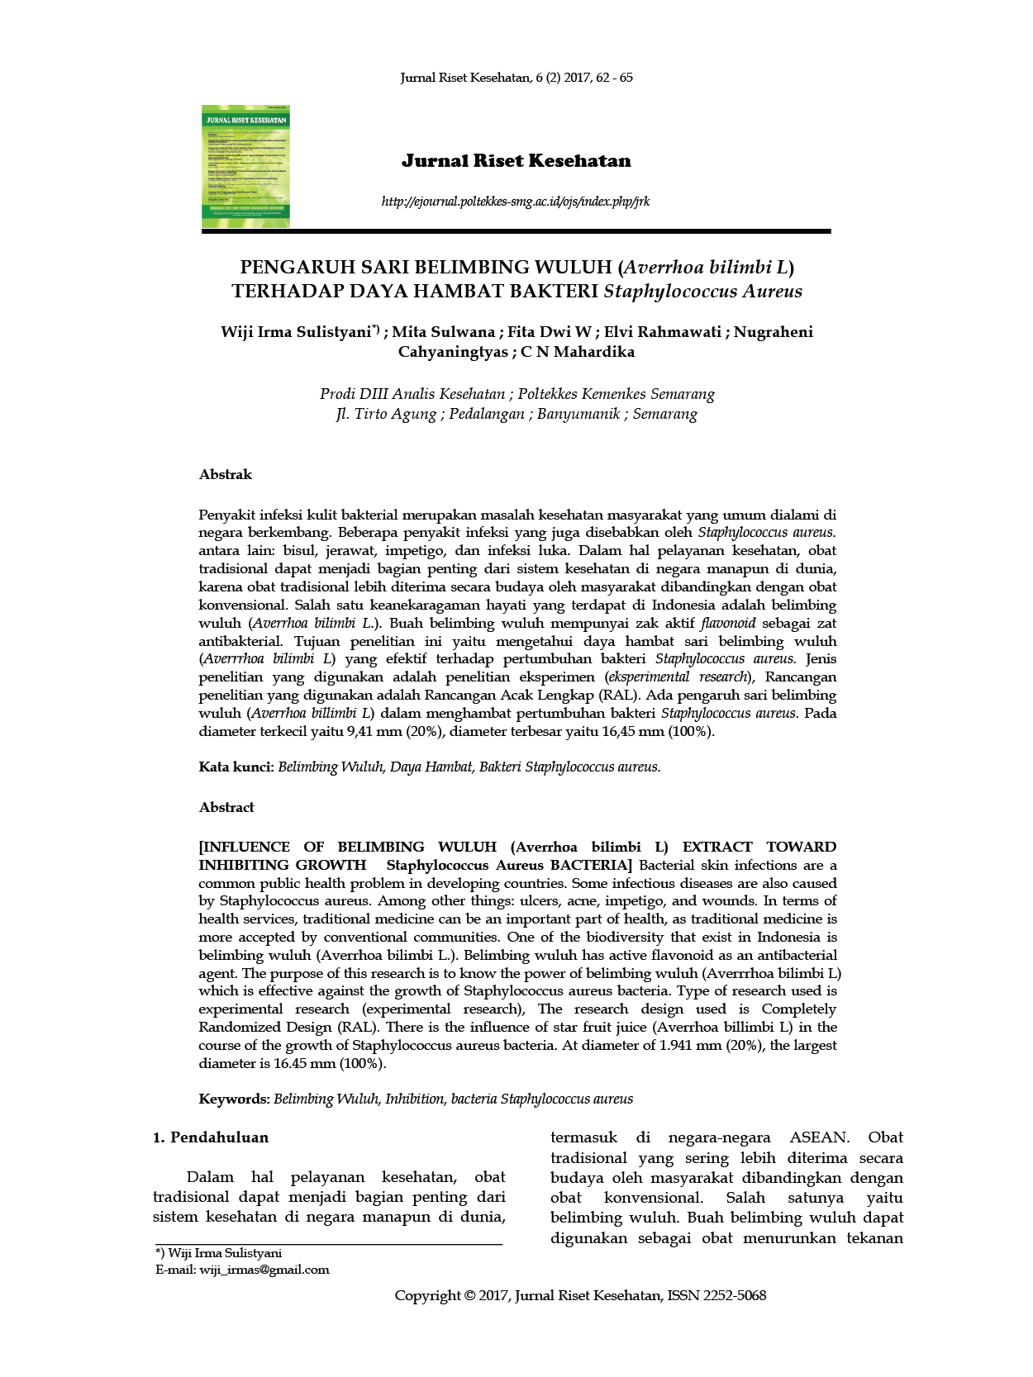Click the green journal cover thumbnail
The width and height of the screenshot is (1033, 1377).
(x=245, y=166)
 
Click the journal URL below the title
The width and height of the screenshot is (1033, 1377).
(x=516, y=202)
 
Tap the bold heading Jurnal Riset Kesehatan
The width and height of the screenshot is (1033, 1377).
(x=516, y=161)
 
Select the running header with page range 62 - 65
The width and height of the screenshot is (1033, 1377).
(x=516, y=78)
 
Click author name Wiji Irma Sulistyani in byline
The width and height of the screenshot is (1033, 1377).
(x=295, y=332)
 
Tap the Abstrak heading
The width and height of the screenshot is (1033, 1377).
(x=225, y=474)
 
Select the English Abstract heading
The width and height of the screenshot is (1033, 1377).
(x=226, y=807)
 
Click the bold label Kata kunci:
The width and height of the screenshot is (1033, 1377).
(x=236, y=767)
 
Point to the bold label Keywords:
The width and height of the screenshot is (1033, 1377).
(x=234, y=1099)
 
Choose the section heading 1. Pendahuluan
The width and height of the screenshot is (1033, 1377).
(x=211, y=1137)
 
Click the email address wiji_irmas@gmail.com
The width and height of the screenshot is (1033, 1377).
(x=264, y=1270)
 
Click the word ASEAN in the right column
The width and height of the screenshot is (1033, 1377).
(x=817, y=1137)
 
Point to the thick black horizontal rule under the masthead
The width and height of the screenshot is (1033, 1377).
(x=516, y=232)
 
